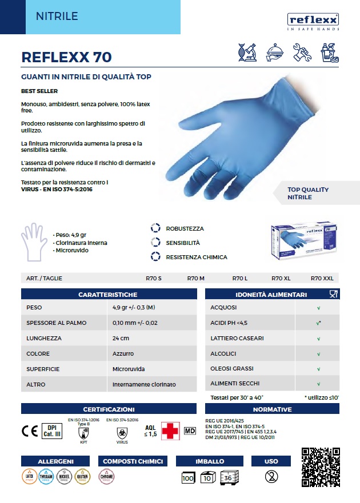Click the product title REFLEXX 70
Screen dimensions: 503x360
(66, 57)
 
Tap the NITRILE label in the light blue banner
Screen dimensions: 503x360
(57, 17)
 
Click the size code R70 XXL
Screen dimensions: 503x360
(321, 278)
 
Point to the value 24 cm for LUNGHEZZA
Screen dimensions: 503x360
(121, 338)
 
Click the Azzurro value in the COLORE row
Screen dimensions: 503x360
(123, 353)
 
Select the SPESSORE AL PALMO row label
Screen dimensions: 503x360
(57, 323)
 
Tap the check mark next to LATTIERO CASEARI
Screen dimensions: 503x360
(318, 338)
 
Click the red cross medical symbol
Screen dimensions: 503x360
(170, 430)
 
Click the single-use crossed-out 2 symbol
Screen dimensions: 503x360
(271, 476)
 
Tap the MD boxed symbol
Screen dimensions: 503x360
(190, 429)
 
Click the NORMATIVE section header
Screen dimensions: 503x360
(272, 409)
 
